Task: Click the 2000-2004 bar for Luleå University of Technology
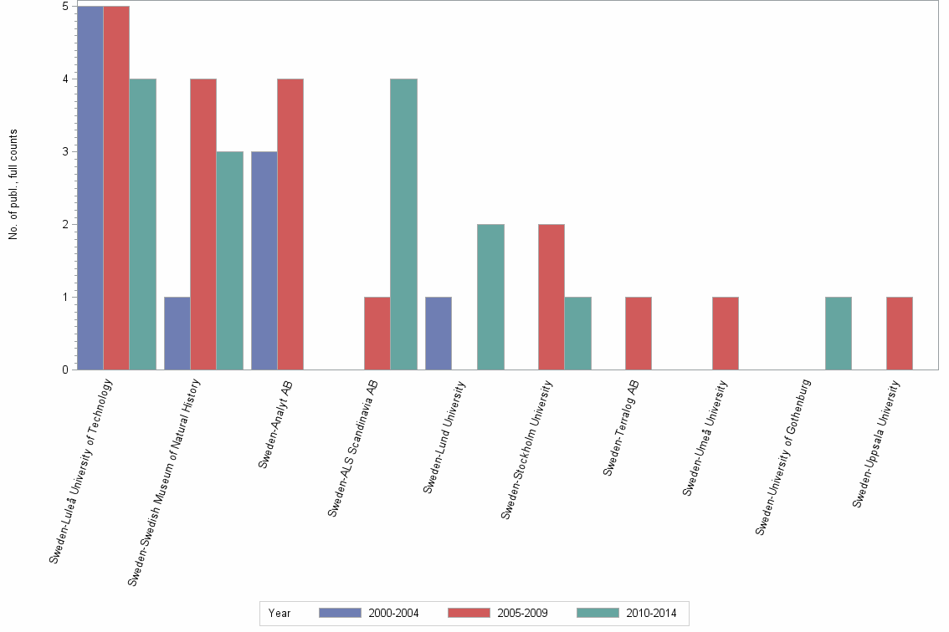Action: click(x=90, y=188)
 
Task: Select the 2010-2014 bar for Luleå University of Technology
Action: click(x=142, y=224)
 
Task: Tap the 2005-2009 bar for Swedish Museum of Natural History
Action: click(x=203, y=224)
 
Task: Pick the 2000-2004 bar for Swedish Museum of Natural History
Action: click(x=177, y=334)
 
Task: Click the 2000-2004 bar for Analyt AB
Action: click(x=264, y=261)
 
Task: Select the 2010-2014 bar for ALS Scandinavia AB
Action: click(x=403, y=224)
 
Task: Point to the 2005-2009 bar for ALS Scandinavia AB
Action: click(x=377, y=334)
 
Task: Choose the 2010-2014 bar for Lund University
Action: click(x=490, y=297)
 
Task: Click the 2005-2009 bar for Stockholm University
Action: click(x=551, y=297)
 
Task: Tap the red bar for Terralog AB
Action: click(x=639, y=334)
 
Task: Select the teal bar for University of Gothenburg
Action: click(x=839, y=334)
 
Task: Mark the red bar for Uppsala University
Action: click(x=900, y=334)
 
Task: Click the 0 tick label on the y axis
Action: click(x=64, y=370)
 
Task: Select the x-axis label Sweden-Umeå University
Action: click(x=705, y=439)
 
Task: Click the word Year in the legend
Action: click(x=280, y=614)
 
